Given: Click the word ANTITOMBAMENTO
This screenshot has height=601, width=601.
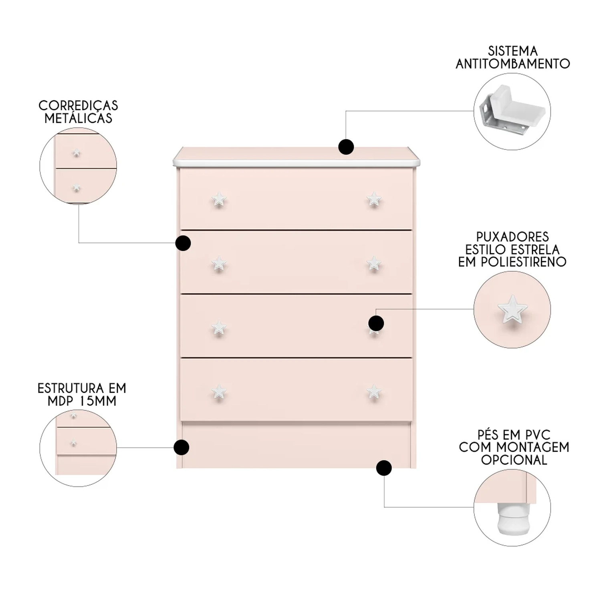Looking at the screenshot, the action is coord(512,64).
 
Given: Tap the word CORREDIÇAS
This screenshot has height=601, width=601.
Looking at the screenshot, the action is coord(78,105).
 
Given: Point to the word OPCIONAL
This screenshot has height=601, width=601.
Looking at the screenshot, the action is coord(514,460).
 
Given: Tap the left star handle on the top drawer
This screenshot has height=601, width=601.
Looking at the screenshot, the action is coord(219,199).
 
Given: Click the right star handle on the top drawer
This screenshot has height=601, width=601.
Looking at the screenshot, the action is coord(374,199).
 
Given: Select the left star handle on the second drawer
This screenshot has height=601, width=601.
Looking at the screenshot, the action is coord(219,264).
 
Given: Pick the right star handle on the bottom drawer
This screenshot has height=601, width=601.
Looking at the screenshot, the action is coord(374,392).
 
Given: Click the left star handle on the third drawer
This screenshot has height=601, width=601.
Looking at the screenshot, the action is coord(219,328).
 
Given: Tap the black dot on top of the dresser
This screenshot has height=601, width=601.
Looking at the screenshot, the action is coord(346,147).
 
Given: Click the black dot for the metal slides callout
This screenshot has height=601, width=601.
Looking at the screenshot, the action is coord(183,243).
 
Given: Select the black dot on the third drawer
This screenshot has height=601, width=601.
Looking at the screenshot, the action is coord(376,323).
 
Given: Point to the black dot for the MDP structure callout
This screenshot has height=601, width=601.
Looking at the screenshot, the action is coord(182,447).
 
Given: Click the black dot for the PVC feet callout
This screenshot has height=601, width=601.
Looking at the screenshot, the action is coord(384,468).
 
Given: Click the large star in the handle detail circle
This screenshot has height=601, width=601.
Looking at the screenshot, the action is coord(512,309).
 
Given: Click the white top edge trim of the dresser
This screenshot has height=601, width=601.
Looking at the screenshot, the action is coord(296,163).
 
